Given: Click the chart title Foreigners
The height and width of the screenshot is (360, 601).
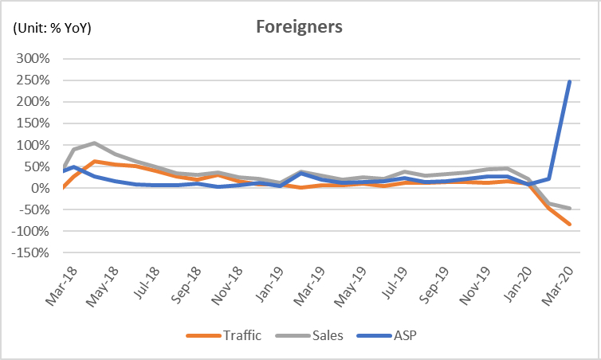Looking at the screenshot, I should point(299,27).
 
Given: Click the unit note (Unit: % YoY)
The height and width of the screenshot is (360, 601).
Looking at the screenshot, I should point(52,29).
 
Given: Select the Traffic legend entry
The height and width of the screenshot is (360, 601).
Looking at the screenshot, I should point(240,335).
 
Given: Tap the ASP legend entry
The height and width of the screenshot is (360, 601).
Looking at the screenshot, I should point(404,335).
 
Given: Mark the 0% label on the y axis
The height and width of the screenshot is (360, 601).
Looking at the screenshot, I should point(41,189).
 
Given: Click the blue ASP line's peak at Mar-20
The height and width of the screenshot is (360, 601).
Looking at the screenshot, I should point(569,81).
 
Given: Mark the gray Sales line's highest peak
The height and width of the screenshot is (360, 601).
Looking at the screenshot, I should point(94,143).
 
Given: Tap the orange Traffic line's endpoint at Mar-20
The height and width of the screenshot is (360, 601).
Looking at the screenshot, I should point(569,225).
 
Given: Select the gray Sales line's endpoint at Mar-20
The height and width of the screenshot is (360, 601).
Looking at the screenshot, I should point(569,209).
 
